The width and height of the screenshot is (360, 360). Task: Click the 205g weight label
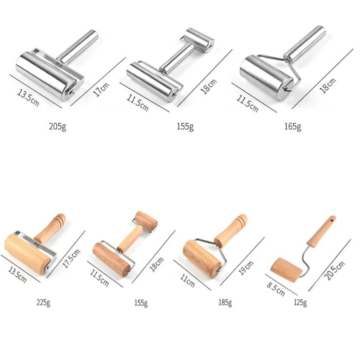pyautogui.click(x=58, y=126)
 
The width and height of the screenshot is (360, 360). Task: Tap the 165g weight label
pyautogui.click(x=293, y=126)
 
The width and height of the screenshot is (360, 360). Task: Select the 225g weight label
pyautogui.click(x=43, y=302)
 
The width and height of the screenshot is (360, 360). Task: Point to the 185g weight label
pyautogui.click(x=225, y=302)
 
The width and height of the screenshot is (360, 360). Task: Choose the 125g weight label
pyautogui.click(x=300, y=302)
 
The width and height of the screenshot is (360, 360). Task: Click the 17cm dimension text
pyautogui.click(x=101, y=90)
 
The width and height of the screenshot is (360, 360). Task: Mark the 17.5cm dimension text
pyautogui.click(x=72, y=258)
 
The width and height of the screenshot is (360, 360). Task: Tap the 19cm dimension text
pyautogui.click(x=246, y=268)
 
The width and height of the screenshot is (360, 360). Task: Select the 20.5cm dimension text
pyautogui.click(x=334, y=271)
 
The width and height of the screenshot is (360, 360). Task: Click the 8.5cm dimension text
pyautogui.click(x=276, y=289)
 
